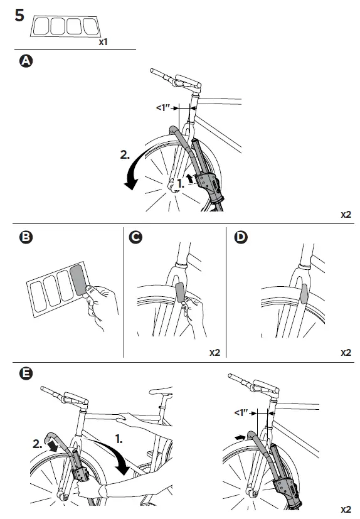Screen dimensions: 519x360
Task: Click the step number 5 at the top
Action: point(19,15)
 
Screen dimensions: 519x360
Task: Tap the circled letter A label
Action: point(25,61)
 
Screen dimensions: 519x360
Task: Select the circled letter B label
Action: point(25,238)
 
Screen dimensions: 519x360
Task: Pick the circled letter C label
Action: point(135,238)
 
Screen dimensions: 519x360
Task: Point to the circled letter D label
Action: point(240,238)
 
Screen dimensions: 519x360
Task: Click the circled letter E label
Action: point(25,374)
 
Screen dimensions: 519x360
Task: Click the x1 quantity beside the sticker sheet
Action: point(103,42)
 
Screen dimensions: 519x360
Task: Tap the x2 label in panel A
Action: point(346,214)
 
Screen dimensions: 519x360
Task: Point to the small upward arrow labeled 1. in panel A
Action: point(189,178)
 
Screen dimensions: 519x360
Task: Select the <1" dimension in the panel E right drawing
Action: point(241,413)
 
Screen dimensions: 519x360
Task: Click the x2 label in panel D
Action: point(346,353)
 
